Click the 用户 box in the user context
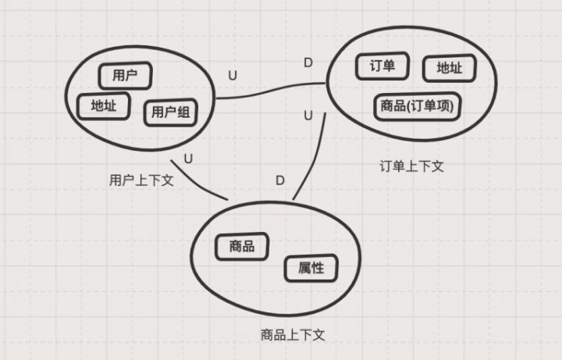[125, 76]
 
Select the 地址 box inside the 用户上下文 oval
[104, 105]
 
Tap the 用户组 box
[171, 112]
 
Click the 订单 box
[382, 66]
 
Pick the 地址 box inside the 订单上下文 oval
[450, 68]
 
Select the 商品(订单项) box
[417, 106]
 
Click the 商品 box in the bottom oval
[242, 246]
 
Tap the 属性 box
[311, 268]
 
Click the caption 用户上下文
[141, 180]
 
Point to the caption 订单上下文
[411, 166]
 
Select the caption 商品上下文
[293, 335]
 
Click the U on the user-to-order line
[233, 76]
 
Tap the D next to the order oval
[308, 62]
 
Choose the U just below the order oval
[308, 116]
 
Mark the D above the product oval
[280, 180]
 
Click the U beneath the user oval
[188, 159]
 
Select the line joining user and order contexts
[271, 90]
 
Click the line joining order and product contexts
[315, 158]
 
